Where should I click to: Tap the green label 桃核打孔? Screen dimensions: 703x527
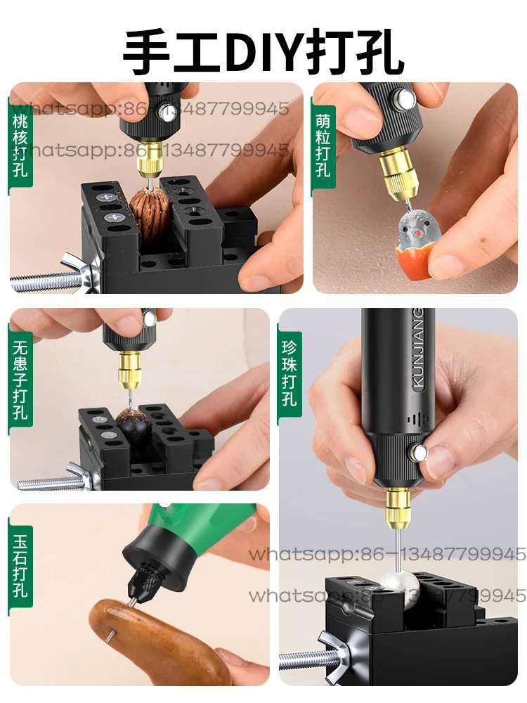pos(20,144)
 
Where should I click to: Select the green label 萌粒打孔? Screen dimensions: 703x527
pos(323,144)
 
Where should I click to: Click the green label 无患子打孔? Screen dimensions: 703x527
pos(20,380)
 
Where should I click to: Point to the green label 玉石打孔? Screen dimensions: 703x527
pos(20,566)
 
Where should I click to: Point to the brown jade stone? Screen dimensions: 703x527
pos(151,636)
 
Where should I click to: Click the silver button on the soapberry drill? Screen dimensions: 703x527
pos(149,318)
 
